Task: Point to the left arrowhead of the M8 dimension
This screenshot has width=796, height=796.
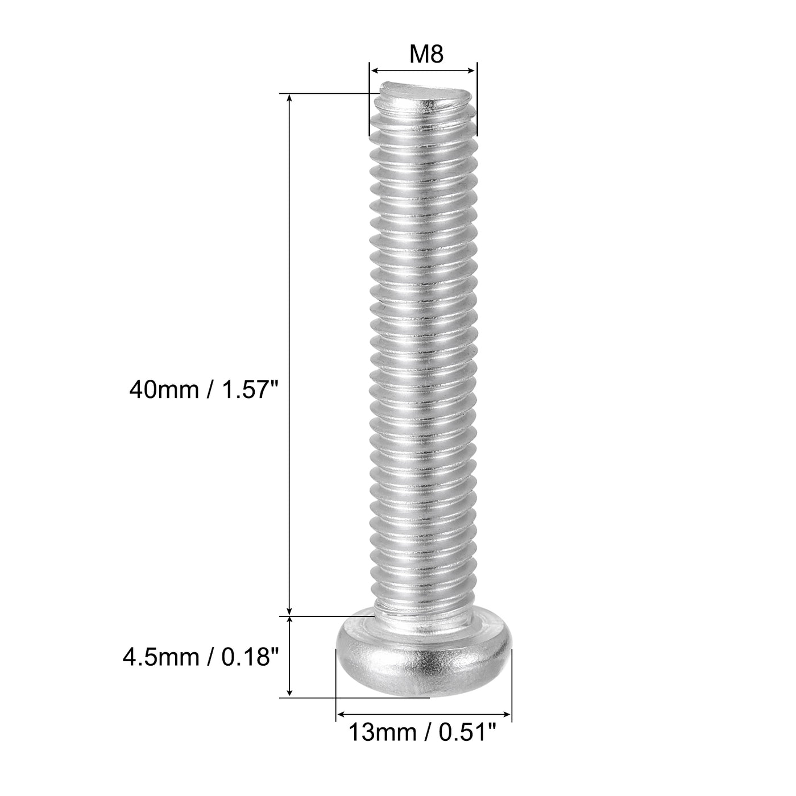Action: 374,71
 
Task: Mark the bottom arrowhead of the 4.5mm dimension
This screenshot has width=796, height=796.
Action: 290,692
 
